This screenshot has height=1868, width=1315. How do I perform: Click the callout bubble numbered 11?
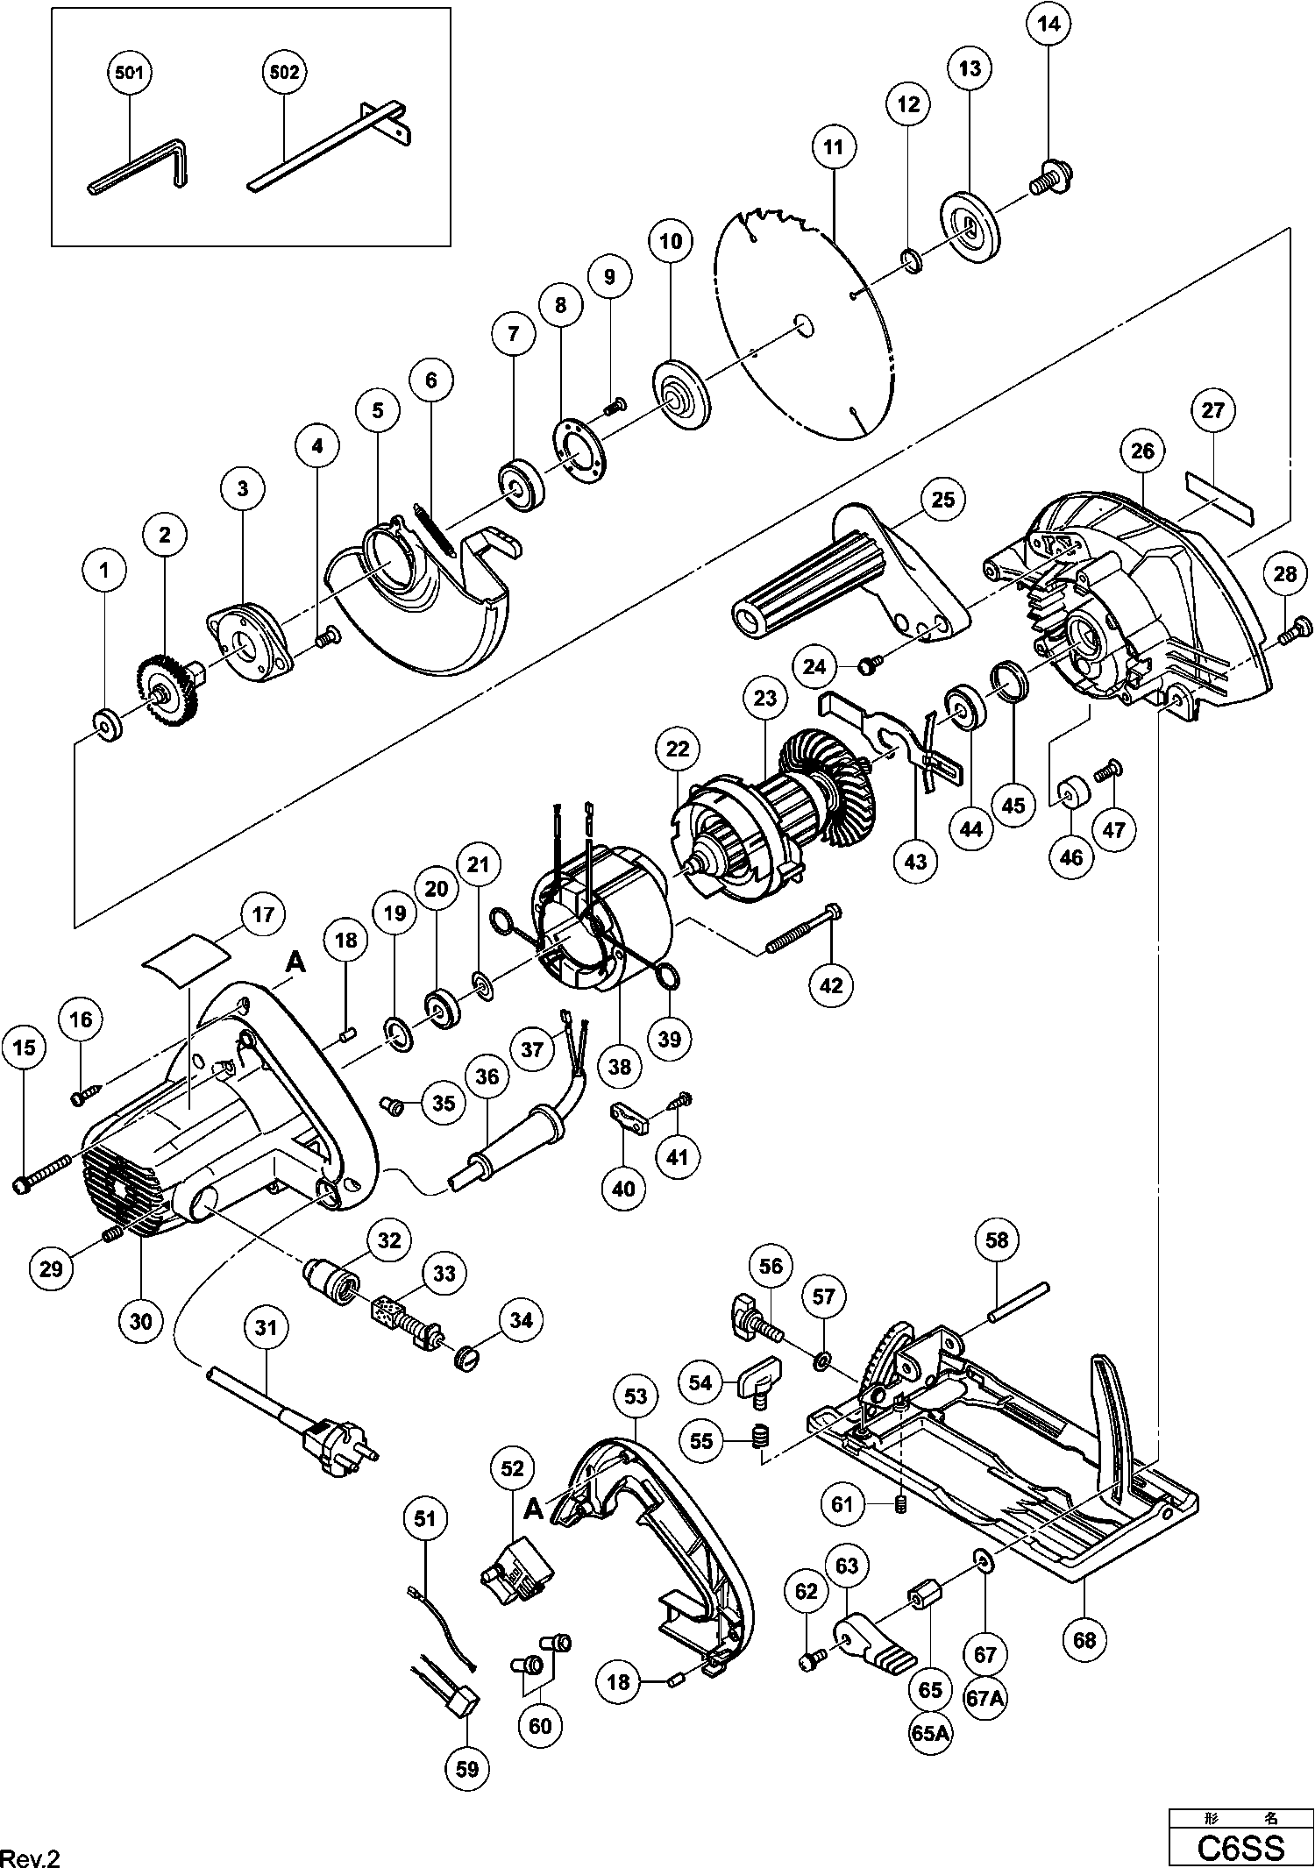pyautogui.click(x=834, y=147)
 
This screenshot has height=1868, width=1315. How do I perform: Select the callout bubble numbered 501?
pyautogui.click(x=130, y=73)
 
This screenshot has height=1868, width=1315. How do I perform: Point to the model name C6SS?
pyautogui.click(x=1240, y=1847)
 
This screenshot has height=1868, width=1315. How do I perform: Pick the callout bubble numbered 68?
pyautogui.click(x=1084, y=1639)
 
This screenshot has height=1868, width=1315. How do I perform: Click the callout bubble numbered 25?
pyautogui.click(x=942, y=501)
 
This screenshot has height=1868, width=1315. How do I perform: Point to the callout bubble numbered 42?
pyautogui.click(x=831, y=984)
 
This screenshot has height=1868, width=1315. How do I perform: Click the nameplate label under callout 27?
pyautogui.click(x=1219, y=495)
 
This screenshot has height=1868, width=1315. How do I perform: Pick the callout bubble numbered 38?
pyautogui.click(x=620, y=1067)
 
